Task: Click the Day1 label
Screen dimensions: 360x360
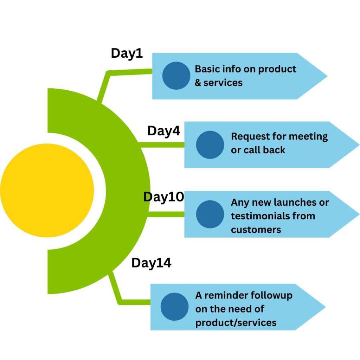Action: point(127,54)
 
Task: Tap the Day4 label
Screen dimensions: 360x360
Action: point(164,131)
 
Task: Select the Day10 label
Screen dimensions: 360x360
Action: point(164,197)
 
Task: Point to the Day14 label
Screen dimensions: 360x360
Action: point(151,263)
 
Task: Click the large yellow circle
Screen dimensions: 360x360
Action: point(47,190)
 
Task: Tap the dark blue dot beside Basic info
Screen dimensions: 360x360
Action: point(176,76)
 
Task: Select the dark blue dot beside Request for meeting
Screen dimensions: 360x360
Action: point(210,144)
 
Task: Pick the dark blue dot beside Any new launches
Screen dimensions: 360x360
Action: point(210,214)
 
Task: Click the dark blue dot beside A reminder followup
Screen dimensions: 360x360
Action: point(174,307)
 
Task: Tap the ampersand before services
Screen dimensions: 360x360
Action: point(198,83)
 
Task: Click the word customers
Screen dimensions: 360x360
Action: point(256,230)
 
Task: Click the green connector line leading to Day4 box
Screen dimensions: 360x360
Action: point(162,145)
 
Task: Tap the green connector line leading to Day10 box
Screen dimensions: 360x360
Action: point(166,214)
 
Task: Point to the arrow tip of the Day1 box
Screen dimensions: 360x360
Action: point(327,76)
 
